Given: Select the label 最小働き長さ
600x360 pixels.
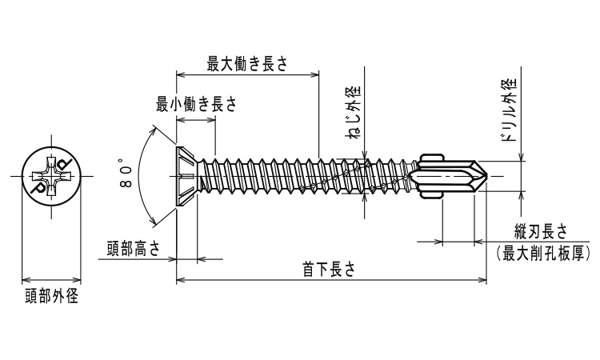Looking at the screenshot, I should [196, 105].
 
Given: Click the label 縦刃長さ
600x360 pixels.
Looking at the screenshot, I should [542, 232].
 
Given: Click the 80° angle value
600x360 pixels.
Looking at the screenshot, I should [126, 174].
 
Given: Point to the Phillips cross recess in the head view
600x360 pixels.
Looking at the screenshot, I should [50, 175].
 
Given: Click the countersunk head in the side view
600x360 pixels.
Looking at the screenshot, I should [186, 175].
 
